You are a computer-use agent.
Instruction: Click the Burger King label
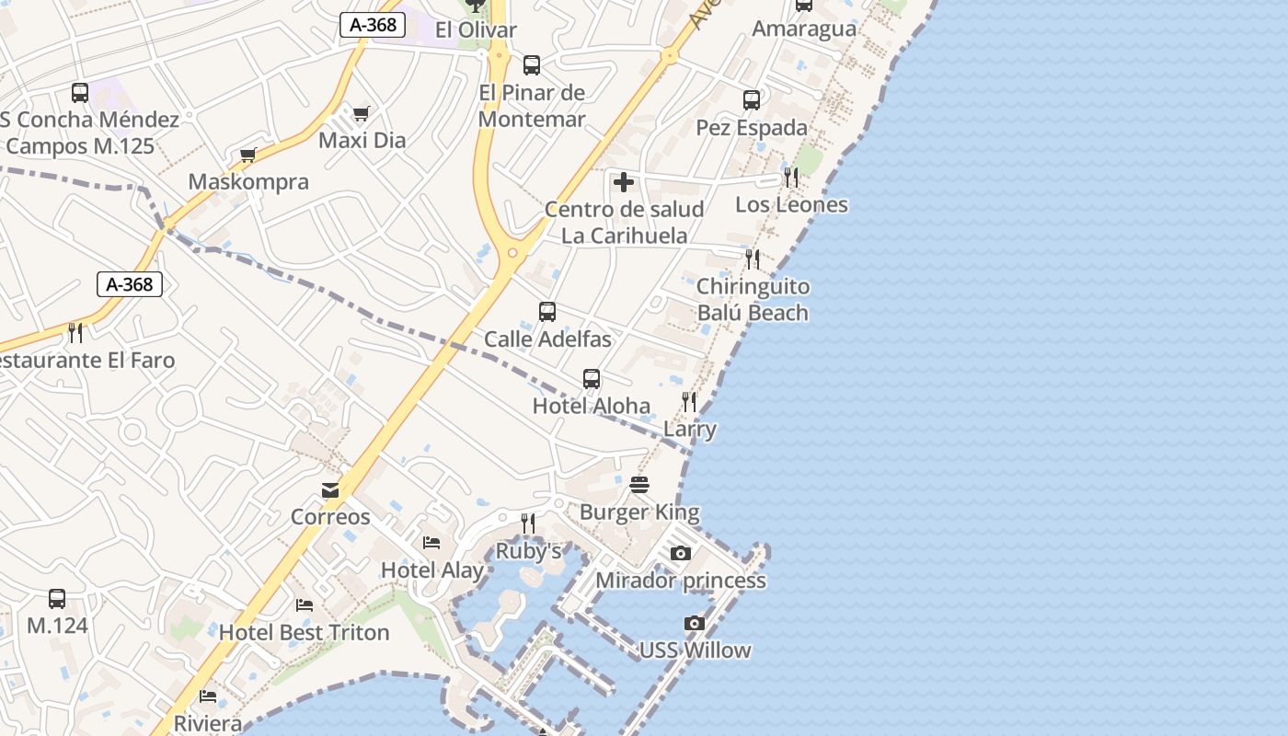tap(639, 512)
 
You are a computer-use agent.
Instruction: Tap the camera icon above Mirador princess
tap(680, 553)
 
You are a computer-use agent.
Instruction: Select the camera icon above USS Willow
tap(695, 624)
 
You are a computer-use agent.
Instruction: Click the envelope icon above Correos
tap(330, 490)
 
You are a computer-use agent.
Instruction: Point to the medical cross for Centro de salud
tap(624, 182)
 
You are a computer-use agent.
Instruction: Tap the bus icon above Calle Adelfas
tap(547, 312)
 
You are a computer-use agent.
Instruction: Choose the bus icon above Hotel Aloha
tap(592, 379)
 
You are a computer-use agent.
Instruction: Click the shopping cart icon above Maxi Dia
tap(361, 114)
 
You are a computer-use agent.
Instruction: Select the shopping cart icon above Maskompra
tap(247, 155)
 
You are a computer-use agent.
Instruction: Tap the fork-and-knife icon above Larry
tap(689, 402)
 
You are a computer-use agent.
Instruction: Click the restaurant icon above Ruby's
tap(528, 523)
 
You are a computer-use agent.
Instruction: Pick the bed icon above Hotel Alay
tap(431, 543)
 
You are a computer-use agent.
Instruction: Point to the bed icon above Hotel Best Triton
tap(305, 605)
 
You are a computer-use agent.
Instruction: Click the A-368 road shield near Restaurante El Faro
tap(130, 284)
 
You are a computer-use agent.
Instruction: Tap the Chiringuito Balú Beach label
tap(753, 300)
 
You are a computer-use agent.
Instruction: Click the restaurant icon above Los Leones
tap(791, 178)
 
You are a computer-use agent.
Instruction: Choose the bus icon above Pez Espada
tap(752, 100)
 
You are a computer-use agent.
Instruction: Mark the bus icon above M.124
tap(57, 599)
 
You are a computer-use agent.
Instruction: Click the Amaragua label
tap(804, 29)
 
